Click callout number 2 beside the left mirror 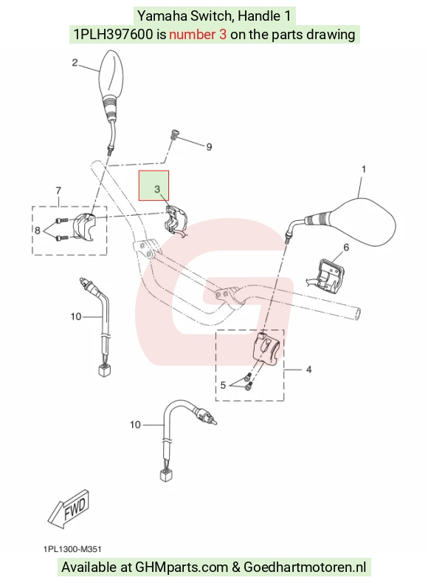point(75,63)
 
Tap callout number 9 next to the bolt point(209,147)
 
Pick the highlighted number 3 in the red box point(157,189)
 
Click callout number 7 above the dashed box point(58,191)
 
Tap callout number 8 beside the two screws point(37,231)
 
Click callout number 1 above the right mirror point(364,169)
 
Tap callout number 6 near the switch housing point(346,248)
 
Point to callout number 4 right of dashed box point(308,369)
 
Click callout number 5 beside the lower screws point(223,385)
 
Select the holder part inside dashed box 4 point(265,348)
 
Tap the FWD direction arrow point(69,508)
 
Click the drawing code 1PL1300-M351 point(72,549)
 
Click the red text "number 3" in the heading point(198,35)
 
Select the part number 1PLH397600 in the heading point(113,35)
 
